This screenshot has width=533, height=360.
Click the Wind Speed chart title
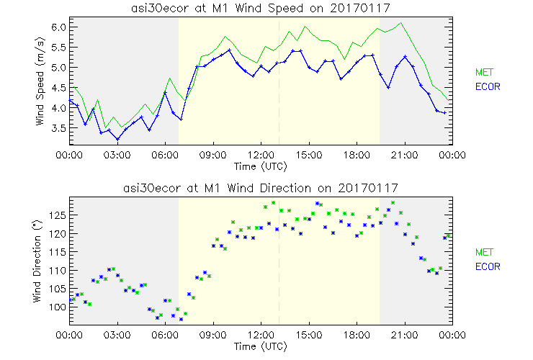tap(261, 7)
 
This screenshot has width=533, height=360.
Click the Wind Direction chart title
tap(261, 188)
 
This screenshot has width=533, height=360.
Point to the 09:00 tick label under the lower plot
tap(213, 336)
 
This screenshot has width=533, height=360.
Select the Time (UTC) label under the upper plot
tap(261, 166)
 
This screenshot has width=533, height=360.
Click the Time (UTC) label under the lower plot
tap(261, 346)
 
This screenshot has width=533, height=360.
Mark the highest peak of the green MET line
tap(401, 23)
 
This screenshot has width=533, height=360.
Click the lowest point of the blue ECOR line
tap(117, 140)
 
